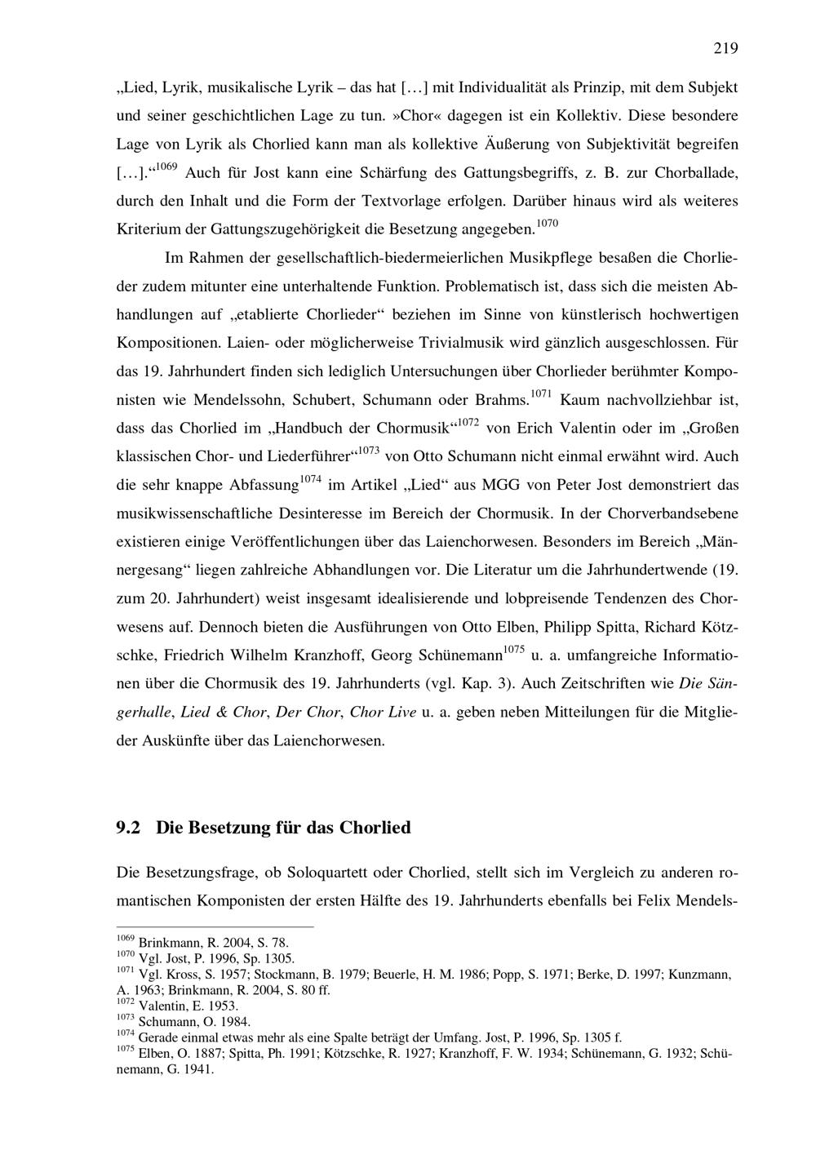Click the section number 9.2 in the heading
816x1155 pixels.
click(x=129, y=828)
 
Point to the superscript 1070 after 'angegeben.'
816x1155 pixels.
click(x=547, y=223)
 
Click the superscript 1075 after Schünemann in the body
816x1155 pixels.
click(x=513, y=650)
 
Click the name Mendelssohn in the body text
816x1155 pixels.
click(x=237, y=401)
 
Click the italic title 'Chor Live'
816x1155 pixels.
click(x=383, y=712)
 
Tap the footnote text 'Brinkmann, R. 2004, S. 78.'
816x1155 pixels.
click(x=214, y=943)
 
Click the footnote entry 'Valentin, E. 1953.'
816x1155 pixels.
click(x=188, y=1006)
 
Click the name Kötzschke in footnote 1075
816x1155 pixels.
click(x=398, y=1053)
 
